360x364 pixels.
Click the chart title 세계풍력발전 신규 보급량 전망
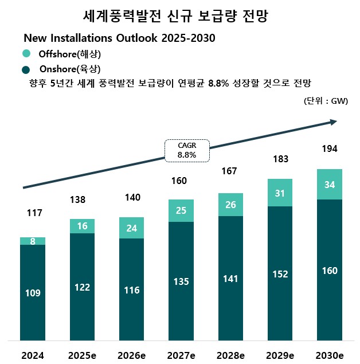180,16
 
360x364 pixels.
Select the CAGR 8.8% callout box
187,150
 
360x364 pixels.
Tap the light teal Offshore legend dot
26,54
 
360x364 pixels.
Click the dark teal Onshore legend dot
26,70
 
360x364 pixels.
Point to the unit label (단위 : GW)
326,101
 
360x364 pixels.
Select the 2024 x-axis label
33,355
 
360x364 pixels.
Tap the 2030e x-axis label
329,355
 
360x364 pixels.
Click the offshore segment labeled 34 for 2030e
329,185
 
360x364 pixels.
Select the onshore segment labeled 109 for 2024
33,292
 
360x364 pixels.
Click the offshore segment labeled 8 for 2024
33,241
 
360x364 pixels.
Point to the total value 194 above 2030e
329,148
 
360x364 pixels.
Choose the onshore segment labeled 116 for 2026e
131,289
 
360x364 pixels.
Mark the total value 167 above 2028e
229,171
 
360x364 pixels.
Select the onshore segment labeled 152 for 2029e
280,273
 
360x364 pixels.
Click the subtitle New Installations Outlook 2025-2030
119,38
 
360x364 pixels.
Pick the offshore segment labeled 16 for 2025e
82,226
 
